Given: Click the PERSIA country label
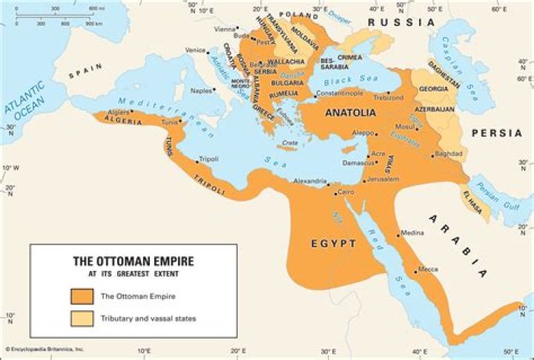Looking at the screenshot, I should tap(495, 133).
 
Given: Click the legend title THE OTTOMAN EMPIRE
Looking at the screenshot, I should tap(133, 261).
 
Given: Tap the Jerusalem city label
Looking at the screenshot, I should tap(383, 179).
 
